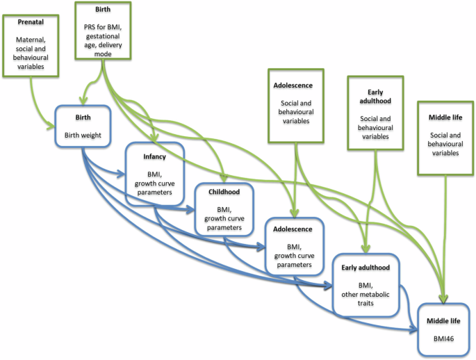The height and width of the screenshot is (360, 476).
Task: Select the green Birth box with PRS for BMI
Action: coord(104,31)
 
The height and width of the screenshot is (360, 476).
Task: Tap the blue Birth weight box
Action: coord(83,126)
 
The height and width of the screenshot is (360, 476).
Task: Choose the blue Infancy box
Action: coord(154,173)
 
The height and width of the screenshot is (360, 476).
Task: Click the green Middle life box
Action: coord(444,137)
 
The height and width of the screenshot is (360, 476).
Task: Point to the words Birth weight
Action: coord(83,136)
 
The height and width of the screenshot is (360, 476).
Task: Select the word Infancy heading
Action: coord(154,157)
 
